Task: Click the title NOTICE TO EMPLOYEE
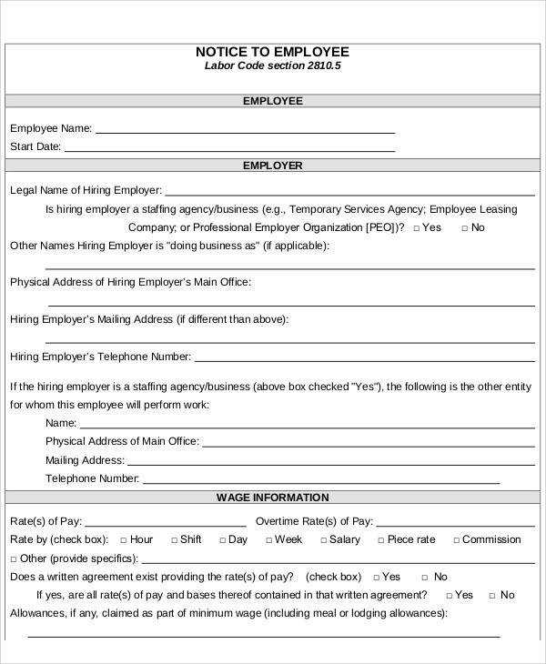pos(272,52)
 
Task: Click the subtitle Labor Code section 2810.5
pos(272,66)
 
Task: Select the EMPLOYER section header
pos(272,166)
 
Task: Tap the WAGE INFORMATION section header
pos(272,498)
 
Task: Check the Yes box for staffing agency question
pos(416,228)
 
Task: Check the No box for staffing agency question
pos(465,228)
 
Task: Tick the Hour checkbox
pos(123,540)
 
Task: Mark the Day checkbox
pos(221,540)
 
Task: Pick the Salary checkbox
pos(322,540)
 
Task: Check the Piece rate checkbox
pos(380,540)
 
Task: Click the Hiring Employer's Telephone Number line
pos(364,359)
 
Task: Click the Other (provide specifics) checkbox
pos(13,558)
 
